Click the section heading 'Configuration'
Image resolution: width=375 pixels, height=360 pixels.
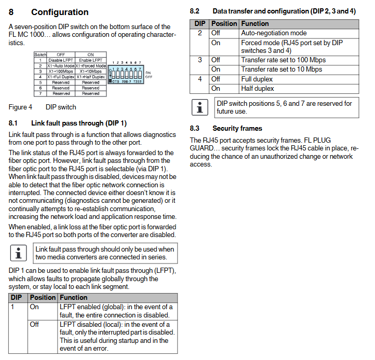pos(60,12)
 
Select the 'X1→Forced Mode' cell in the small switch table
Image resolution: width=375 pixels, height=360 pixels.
pos(91,66)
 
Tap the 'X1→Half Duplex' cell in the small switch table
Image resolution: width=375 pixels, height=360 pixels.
pos(91,77)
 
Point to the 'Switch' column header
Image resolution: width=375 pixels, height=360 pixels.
pos(40,54)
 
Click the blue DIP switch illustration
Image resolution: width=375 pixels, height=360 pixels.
pos(126,72)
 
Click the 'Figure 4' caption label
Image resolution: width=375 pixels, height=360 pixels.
pos(20,107)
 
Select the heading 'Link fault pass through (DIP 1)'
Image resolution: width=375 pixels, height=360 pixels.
pos(78,123)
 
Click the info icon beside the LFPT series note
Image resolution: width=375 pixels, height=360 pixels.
pos(18,253)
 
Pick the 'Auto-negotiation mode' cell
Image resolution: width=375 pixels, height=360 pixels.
pos(274,33)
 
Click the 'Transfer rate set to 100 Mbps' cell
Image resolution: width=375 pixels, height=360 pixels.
pos(283,60)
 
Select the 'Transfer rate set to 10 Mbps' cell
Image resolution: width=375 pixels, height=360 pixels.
pos(281,70)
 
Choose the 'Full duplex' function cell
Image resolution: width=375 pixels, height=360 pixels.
pos(257,79)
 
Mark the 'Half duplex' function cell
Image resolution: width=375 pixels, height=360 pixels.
pos(257,89)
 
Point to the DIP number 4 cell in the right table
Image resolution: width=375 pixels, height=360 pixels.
pos(199,79)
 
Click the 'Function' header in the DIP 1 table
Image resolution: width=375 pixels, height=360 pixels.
pos(74,298)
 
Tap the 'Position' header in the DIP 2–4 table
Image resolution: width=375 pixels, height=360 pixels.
pos(224,24)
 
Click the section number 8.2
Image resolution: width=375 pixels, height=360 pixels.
pos(195,11)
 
